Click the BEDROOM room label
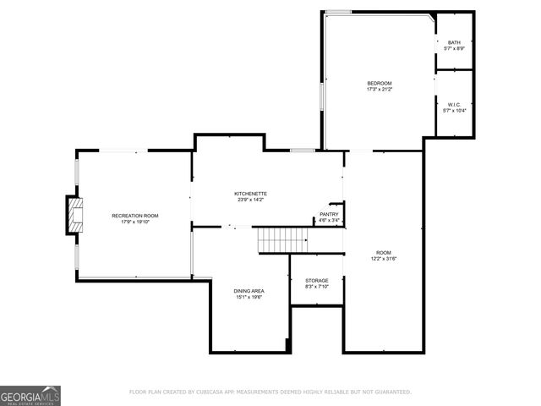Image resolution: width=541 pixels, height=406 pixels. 380,82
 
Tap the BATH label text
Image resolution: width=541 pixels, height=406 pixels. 455,42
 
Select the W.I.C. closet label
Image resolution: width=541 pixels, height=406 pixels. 455,105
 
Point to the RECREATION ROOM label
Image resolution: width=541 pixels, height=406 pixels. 135,216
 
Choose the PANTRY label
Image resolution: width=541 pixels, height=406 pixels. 329,214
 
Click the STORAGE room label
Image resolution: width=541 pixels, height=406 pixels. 317,280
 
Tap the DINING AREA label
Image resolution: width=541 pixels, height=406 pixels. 249,291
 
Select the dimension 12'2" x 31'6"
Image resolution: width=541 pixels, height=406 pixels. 385,259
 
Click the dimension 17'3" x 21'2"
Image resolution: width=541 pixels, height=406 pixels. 380,89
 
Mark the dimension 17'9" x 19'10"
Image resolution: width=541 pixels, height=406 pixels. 135,222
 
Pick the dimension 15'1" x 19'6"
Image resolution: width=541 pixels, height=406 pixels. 249,298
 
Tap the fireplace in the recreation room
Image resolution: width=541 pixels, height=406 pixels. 75,215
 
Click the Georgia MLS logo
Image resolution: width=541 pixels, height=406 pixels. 30,395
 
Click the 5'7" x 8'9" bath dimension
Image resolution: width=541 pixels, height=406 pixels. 455,49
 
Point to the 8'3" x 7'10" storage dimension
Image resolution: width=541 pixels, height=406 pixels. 317,287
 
